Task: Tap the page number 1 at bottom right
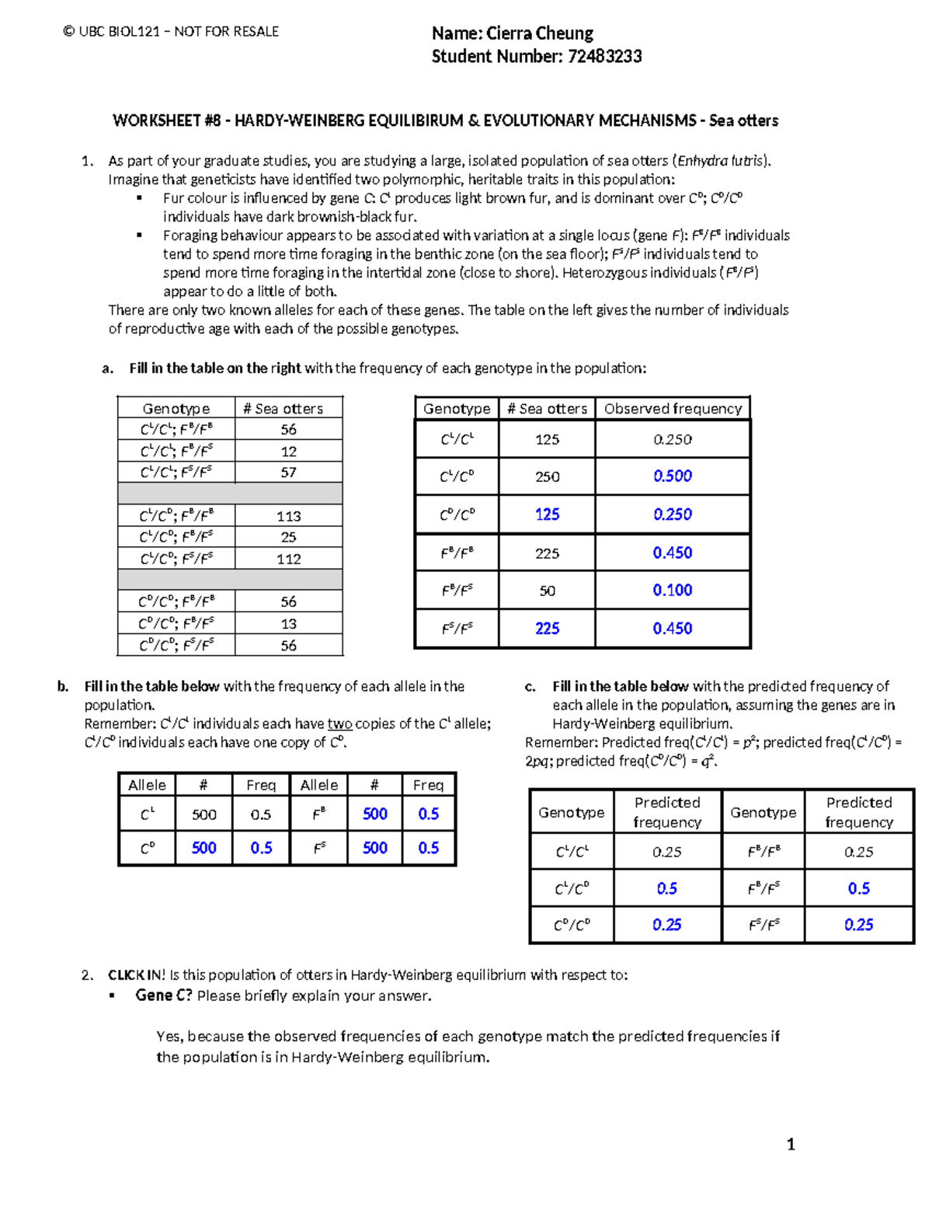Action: [x=791, y=1144]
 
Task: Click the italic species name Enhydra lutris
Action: [x=722, y=161]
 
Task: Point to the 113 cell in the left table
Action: [x=288, y=516]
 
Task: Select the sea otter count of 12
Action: [x=288, y=452]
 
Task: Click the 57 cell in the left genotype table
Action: [x=288, y=473]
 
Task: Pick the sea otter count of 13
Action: [x=288, y=624]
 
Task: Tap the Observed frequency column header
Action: [x=673, y=409]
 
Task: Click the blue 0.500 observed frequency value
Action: [x=673, y=476]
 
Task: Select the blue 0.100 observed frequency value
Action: [x=673, y=591]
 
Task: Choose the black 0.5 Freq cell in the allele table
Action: [x=261, y=815]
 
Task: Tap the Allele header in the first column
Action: [x=147, y=785]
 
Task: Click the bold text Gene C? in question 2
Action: [x=163, y=996]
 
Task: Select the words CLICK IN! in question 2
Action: [x=136, y=975]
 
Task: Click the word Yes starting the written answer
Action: [x=169, y=1036]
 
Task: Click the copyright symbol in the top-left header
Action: [x=69, y=32]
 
